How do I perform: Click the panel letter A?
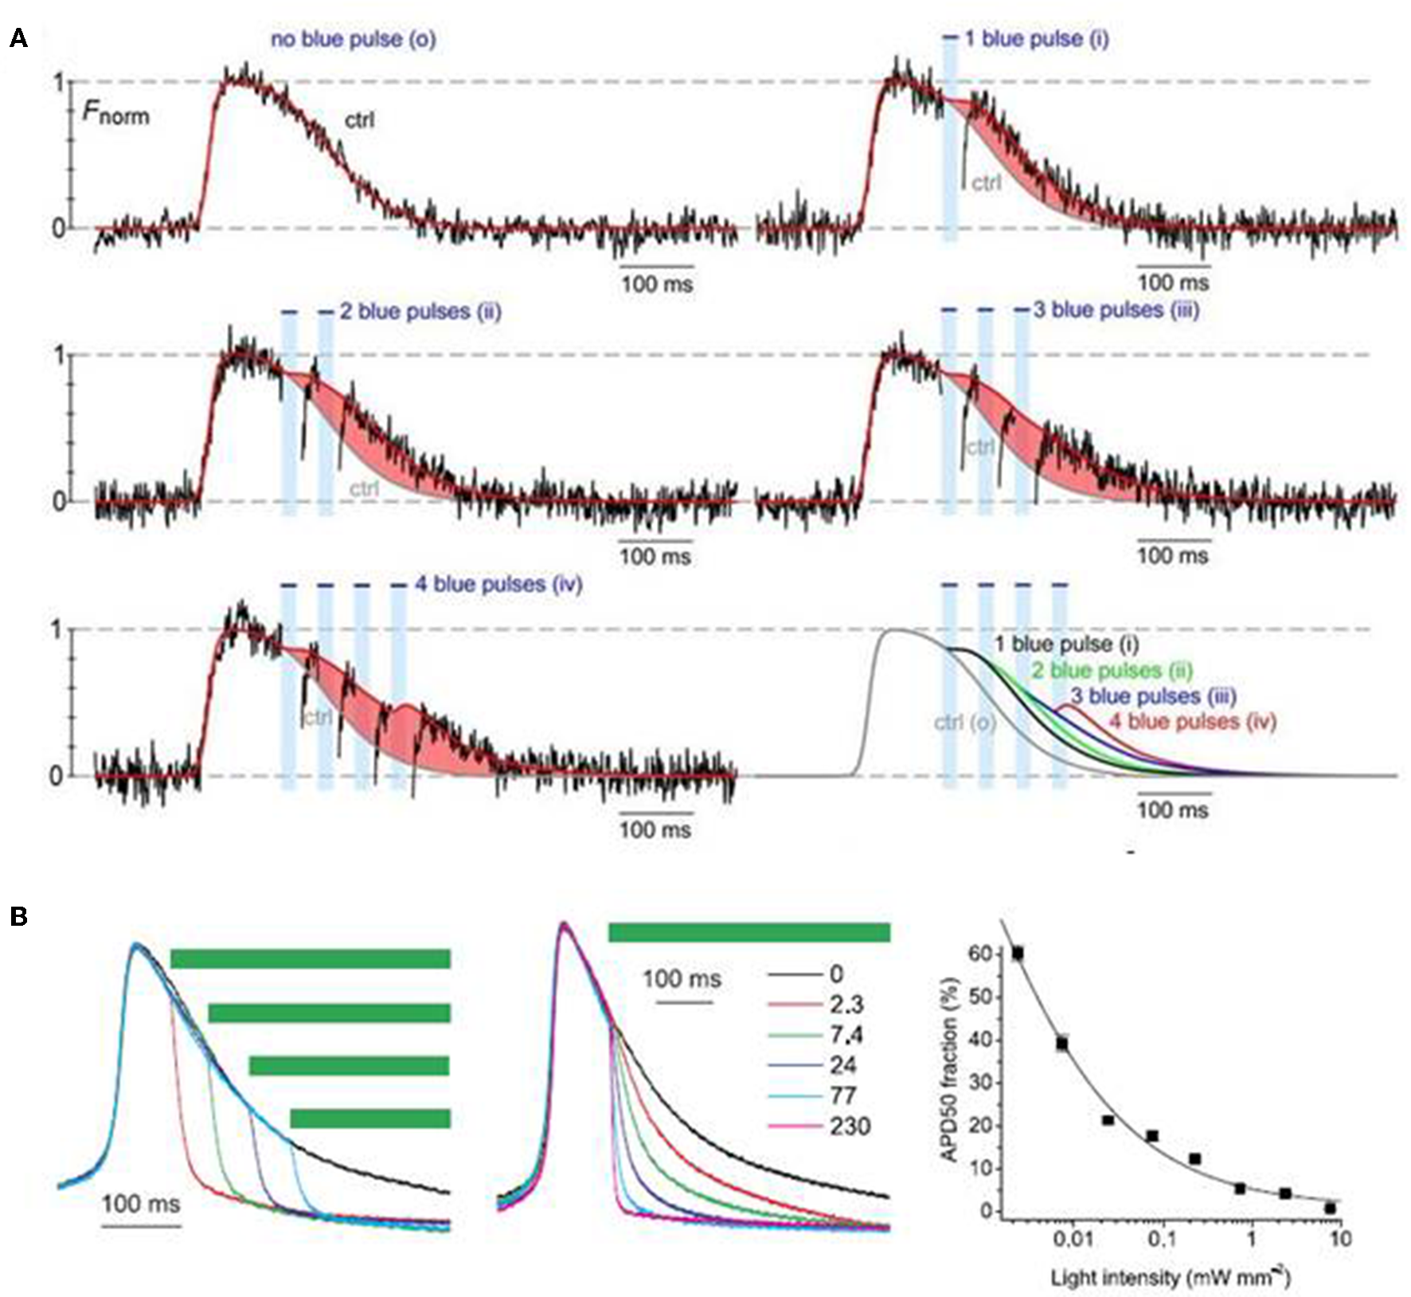click(x=18, y=37)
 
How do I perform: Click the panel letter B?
click(x=18, y=917)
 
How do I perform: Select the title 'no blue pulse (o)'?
click(x=353, y=39)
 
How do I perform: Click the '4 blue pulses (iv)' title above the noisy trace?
click(x=498, y=584)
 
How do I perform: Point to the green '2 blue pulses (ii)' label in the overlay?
click(x=1112, y=670)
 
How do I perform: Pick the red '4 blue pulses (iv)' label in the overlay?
click(x=1192, y=722)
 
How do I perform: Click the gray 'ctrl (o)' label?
click(x=964, y=722)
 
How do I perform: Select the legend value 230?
click(x=850, y=1127)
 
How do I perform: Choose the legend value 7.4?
click(x=846, y=1035)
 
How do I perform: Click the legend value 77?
click(x=842, y=1096)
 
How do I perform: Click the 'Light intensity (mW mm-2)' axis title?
click(x=1170, y=1278)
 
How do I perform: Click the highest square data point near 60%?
click(x=1018, y=953)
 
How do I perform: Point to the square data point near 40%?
click(x=1062, y=1043)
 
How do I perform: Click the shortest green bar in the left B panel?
click(x=370, y=1119)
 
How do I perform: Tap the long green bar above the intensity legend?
click(x=748, y=932)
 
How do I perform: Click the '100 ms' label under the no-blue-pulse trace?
click(x=657, y=284)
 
